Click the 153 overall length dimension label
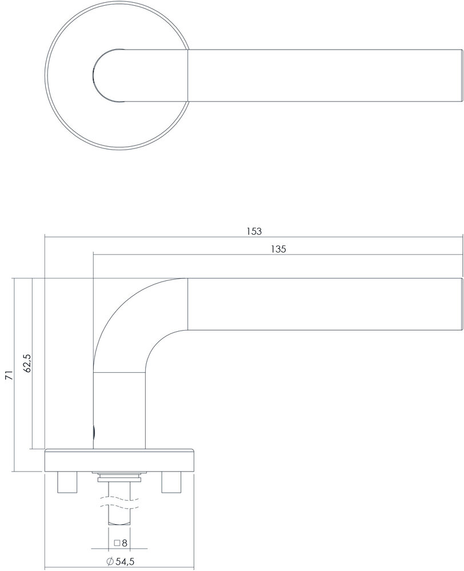tap(254, 231)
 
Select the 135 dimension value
tap(278, 249)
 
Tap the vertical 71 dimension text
tap(8, 375)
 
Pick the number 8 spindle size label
tap(124, 543)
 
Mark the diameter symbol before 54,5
tap(110, 562)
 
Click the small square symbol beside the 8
tap(116, 543)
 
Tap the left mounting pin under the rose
tap(66, 482)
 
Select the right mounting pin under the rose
tap(171, 482)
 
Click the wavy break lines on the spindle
tap(119, 502)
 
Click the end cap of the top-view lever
tap(459, 77)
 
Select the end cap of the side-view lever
tap(459, 304)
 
